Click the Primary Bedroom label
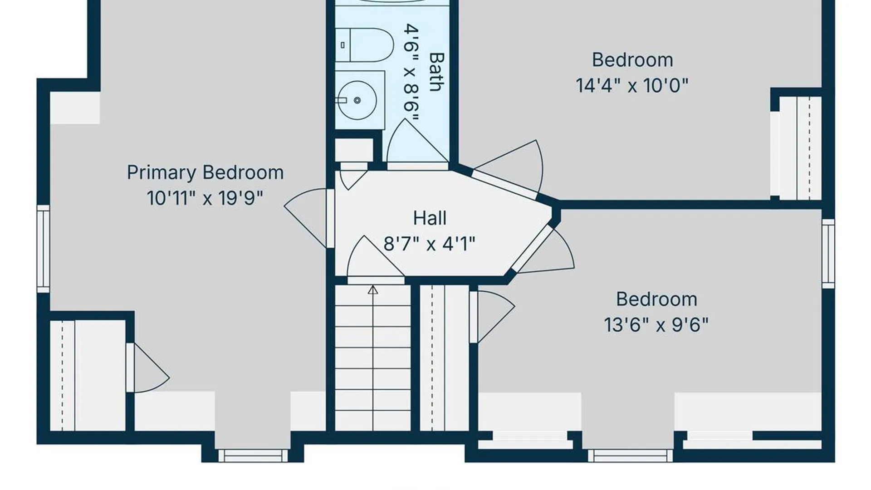click(x=205, y=173)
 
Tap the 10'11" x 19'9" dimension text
click(x=205, y=198)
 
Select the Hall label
click(x=430, y=218)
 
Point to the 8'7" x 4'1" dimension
click(x=430, y=244)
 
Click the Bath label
click(x=436, y=72)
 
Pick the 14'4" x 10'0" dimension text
click(x=632, y=85)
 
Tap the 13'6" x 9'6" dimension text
click(x=656, y=325)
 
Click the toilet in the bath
click(x=364, y=45)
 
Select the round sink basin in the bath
click(x=357, y=100)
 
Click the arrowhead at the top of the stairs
click(x=373, y=290)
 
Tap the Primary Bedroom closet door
click(x=150, y=367)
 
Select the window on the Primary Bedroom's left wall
click(x=43, y=249)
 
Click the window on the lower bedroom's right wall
click(x=828, y=253)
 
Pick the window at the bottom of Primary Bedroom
click(x=253, y=456)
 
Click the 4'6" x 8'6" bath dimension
click(x=411, y=73)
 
